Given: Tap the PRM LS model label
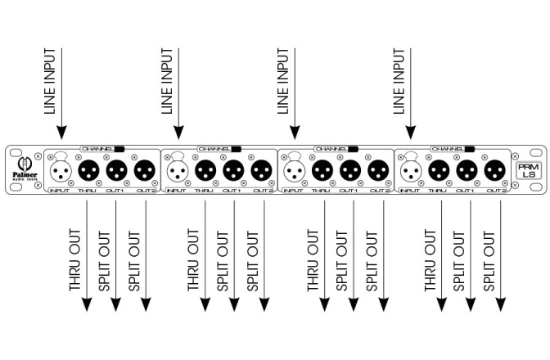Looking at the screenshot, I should (x=528, y=170).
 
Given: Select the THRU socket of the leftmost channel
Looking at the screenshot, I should (x=88, y=170).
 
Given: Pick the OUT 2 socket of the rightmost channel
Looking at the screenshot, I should (x=494, y=170).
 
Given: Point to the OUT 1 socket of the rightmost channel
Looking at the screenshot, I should (x=467, y=170).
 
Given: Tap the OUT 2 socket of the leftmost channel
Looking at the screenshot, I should (x=145, y=170).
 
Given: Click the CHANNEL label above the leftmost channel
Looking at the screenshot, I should (x=96, y=149).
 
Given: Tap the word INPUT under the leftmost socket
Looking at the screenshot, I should (x=59, y=191).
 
